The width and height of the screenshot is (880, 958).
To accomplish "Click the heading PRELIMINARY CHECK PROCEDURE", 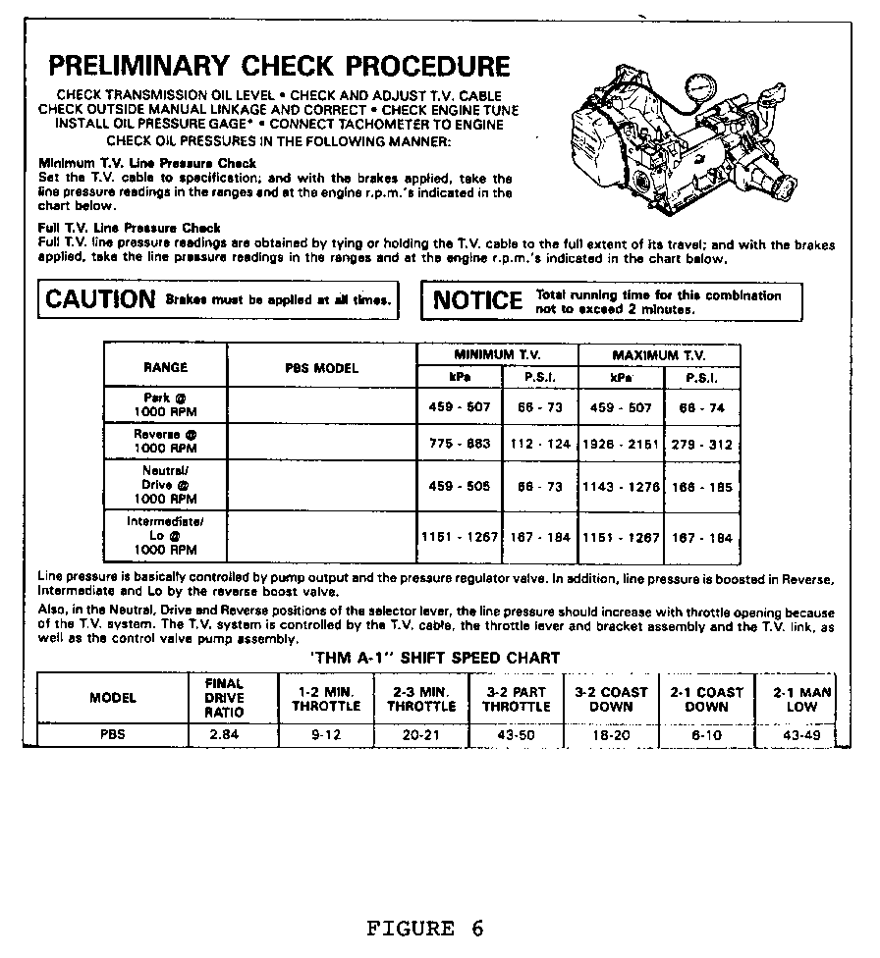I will [x=280, y=67].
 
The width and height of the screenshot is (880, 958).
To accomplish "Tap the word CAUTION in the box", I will [x=100, y=300].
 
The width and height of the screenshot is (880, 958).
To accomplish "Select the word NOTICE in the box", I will [x=478, y=301].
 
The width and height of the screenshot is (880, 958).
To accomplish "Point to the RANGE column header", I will [x=165, y=367].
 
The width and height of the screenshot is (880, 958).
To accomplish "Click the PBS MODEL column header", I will [x=322, y=368].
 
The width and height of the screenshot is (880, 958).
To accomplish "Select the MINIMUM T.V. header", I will [x=497, y=354].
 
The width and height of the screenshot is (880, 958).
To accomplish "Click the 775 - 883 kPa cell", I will [x=460, y=444].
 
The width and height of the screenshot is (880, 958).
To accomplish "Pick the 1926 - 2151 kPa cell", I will [x=621, y=444].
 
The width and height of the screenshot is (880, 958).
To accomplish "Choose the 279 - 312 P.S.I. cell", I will [x=702, y=444].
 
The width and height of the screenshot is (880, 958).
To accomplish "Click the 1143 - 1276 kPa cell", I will [x=621, y=487].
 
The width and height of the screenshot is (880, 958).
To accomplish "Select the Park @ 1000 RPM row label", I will [x=165, y=405].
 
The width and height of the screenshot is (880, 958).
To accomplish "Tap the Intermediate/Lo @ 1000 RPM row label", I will [x=165, y=536].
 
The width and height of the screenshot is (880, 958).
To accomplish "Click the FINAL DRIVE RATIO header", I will [x=224, y=698].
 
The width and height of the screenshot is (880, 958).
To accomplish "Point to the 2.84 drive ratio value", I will [x=224, y=734].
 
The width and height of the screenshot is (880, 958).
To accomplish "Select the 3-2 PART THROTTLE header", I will [x=517, y=699].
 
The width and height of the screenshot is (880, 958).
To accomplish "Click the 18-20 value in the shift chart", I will [x=611, y=734].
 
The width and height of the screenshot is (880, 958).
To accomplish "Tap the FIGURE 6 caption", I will [x=425, y=929].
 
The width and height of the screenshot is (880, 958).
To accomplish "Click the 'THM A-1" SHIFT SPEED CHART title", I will [x=434, y=658].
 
